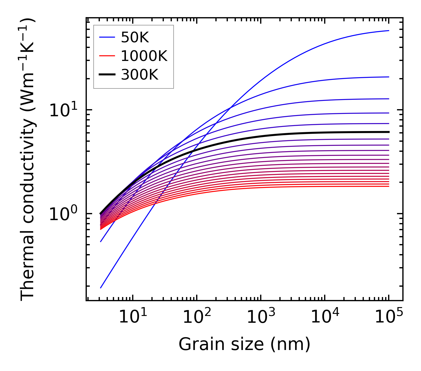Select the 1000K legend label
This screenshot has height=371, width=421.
pos(144,56)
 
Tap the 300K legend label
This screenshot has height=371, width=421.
pos(140,75)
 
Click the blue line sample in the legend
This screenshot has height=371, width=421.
pos(107,37)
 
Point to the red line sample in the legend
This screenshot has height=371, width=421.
pos(107,56)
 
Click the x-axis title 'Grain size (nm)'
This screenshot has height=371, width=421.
pos(244,344)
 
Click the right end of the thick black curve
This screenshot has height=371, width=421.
pos(388,132)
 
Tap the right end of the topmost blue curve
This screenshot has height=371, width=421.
pos(388,30)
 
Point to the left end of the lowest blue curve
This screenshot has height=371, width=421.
pos(101,288)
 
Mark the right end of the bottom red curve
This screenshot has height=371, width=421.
pos(388,186)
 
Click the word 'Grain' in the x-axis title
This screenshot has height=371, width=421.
pos(196,344)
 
